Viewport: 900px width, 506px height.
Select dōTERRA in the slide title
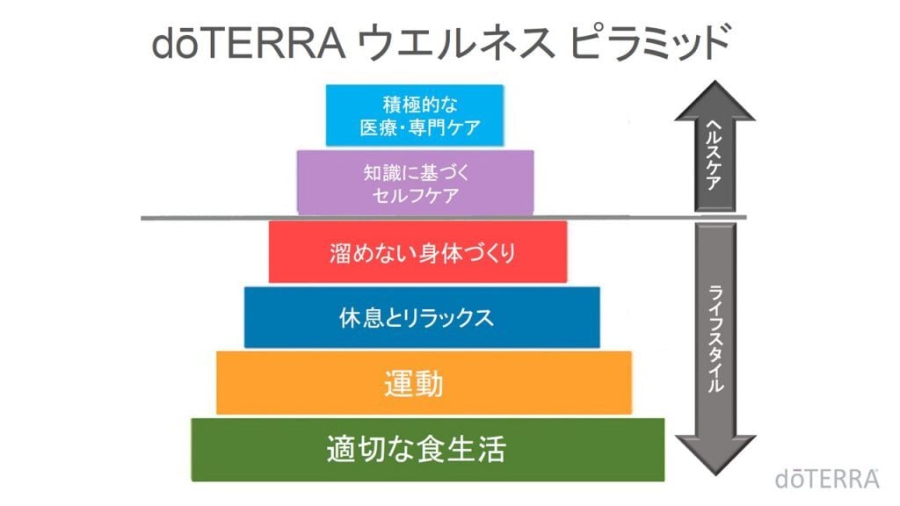coord(248,44)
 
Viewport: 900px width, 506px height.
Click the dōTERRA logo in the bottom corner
coord(827,478)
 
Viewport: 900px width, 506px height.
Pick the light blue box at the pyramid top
coord(414,115)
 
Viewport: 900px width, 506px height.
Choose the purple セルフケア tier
coord(415,182)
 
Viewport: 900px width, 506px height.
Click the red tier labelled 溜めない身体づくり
coord(417,252)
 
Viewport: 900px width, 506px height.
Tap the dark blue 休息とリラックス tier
coord(422,317)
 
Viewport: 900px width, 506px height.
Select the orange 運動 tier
coord(424,383)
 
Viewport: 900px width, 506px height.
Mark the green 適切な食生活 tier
coord(427,450)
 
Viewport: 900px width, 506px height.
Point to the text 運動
coord(414,384)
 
